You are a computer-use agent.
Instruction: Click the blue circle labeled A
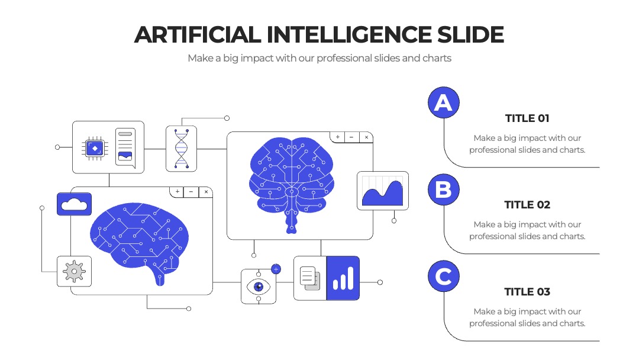tap(443, 102)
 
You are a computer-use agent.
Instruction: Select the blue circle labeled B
tap(443, 189)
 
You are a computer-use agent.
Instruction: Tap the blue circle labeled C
tap(443, 277)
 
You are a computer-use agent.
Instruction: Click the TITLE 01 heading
tap(527, 118)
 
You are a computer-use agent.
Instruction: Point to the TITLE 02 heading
tap(527, 205)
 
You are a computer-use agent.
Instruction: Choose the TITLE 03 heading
tap(527, 292)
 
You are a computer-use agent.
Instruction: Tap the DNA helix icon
tap(182, 149)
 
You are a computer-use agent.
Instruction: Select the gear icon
tap(74, 271)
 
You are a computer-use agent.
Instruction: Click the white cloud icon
tap(74, 204)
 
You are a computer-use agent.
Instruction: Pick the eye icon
tap(259, 287)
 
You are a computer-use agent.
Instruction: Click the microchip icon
tap(95, 149)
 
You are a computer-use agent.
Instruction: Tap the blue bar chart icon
tap(343, 278)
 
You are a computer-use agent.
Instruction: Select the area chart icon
tap(382, 191)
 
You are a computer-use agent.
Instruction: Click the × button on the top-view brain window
tap(366, 137)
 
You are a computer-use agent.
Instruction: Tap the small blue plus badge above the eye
tap(276, 269)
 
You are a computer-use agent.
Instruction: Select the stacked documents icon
tap(309, 278)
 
